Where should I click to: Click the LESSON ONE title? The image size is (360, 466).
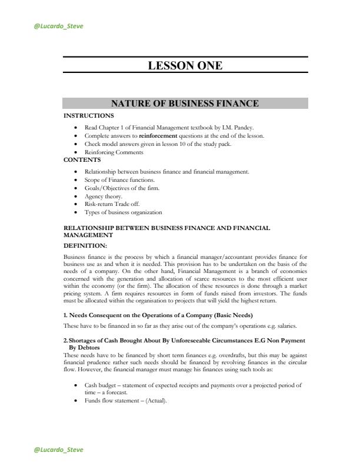(x=185, y=66)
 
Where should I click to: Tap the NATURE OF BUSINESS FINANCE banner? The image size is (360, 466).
(x=185, y=104)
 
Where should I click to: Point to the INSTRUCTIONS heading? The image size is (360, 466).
(x=89, y=115)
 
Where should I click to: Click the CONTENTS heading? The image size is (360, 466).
(x=82, y=159)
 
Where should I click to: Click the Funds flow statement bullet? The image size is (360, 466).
(x=125, y=401)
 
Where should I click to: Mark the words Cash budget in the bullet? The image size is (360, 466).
(x=101, y=385)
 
